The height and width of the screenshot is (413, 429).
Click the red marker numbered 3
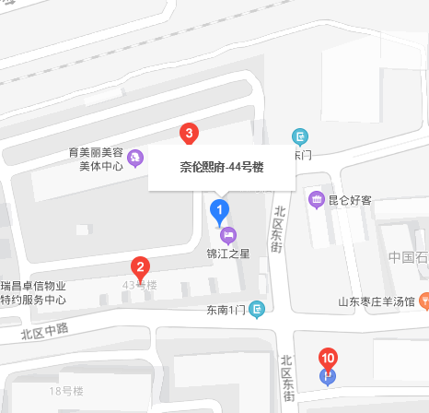point(189,134)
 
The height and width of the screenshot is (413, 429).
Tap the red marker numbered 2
point(140,268)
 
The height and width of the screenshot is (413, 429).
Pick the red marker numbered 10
point(328,357)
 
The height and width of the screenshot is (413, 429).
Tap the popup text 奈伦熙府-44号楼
point(221,167)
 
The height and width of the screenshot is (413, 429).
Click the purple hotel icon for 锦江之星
point(228,233)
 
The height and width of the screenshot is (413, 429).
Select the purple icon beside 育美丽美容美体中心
point(136,159)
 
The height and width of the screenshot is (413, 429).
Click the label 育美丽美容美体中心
point(101,159)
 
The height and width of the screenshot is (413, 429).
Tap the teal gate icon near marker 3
point(300,137)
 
